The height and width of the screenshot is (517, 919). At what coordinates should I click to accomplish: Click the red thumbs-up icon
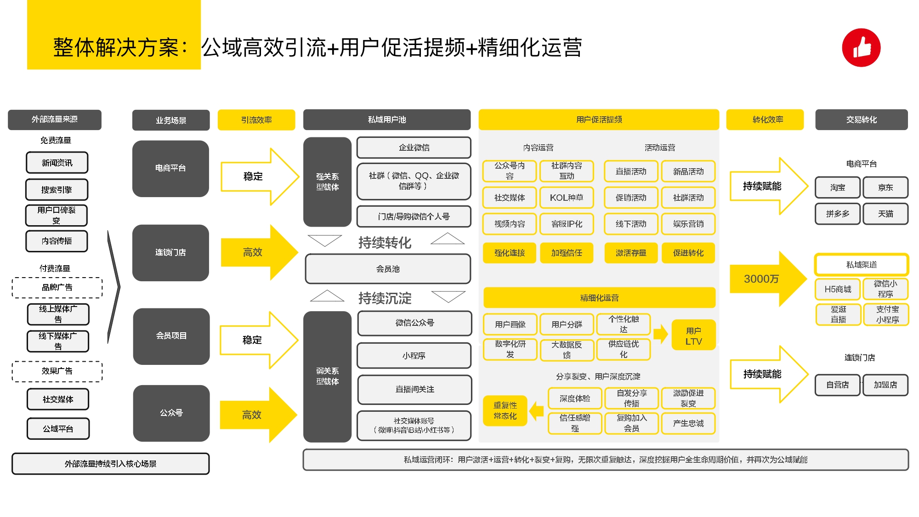[x=861, y=48]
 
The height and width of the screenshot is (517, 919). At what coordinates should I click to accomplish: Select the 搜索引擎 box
[x=57, y=189]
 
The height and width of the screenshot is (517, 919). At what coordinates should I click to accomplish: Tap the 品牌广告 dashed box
[x=57, y=288]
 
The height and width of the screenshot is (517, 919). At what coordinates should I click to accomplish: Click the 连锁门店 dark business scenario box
[x=170, y=253]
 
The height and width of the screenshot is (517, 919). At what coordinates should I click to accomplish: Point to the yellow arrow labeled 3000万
[x=765, y=279]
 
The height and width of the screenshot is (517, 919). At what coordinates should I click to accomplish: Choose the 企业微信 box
[x=414, y=148]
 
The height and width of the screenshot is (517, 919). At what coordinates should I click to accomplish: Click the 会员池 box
[x=388, y=269]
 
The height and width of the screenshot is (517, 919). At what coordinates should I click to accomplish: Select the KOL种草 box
[x=566, y=198]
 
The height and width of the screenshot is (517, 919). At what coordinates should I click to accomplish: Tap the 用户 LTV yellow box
[x=693, y=335]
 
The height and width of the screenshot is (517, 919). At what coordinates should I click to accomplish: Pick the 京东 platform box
[x=885, y=187]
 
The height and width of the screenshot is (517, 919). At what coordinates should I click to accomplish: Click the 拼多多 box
[x=837, y=214]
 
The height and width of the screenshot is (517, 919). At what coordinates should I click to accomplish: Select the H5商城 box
[x=838, y=289]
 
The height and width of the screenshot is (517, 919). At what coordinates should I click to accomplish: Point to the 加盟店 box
[x=885, y=385]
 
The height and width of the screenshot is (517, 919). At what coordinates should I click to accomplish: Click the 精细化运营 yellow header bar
[x=599, y=298]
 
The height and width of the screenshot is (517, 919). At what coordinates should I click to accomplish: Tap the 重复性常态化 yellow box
[x=505, y=410]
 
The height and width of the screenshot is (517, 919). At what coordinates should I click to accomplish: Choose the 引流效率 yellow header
[x=256, y=120]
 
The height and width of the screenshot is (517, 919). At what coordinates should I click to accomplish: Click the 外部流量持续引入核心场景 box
[x=110, y=464]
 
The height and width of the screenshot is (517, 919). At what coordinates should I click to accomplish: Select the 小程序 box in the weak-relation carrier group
[x=414, y=356]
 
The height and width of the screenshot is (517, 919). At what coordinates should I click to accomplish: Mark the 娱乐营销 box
[x=688, y=224]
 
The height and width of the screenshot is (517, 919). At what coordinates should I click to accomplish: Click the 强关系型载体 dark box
[x=327, y=182]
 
